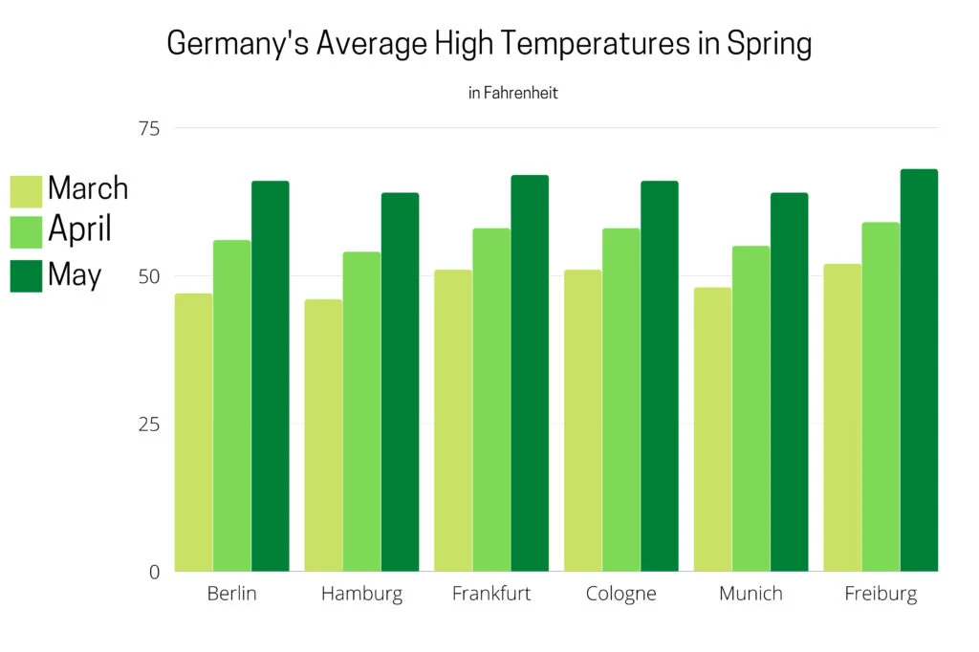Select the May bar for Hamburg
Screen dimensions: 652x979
(400, 382)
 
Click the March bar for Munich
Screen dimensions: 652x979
(712, 429)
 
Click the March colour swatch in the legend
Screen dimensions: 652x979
(26, 190)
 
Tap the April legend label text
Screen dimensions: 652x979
(79, 230)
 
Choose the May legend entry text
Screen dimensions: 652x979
(75, 274)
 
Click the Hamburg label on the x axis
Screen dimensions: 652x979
(361, 594)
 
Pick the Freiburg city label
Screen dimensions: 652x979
(881, 594)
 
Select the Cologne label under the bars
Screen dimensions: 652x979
(621, 594)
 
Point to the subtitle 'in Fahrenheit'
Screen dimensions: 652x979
(512, 94)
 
